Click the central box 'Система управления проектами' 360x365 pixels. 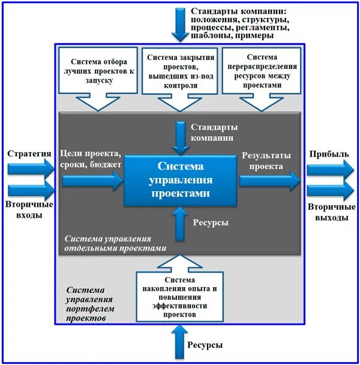pyautogui.click(x=181, y=179)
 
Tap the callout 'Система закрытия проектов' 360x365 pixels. pyautogui.click(x=180, y=70)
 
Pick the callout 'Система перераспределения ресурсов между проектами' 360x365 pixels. pyautogui.click(x=262, y=70)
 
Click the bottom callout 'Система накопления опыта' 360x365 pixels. pyautogui.click(x=180, y=297)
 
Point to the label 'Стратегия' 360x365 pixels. pyautogui.click(x=29, y=153)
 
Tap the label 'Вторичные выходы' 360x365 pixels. pyautogui.click(x=329, y=212)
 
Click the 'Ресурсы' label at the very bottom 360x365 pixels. pyautogui.click(x=205, y=345)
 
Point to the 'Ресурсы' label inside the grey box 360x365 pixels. pyautogui.click(x=211, y=222)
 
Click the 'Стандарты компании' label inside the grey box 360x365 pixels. pyautogui.click(x=214, y=132)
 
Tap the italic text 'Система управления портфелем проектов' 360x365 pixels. pyautogui.click(x=90, y=304)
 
